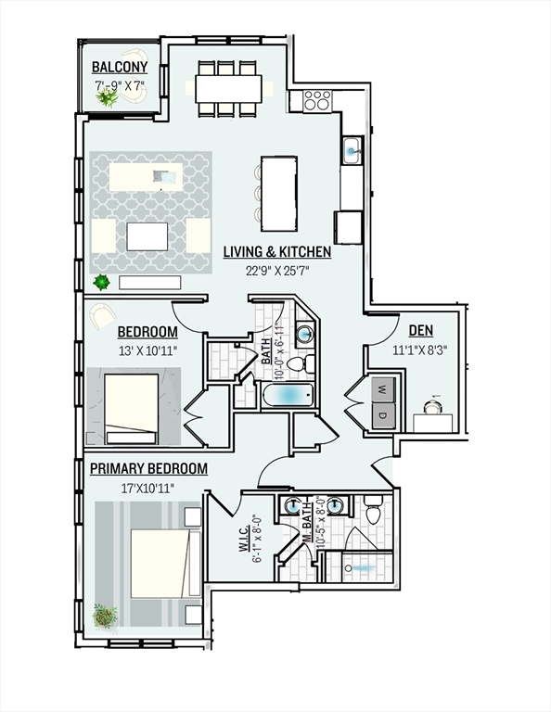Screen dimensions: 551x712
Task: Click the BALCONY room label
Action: click(x=120, y=67)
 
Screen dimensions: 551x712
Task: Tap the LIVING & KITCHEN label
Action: click(x=277, y=252)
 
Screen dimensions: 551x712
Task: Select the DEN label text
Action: click(x=420, y=331)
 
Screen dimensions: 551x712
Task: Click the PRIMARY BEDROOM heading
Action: click(x=148, y=468)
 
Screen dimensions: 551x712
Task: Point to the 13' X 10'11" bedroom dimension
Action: click(x=147, y=350)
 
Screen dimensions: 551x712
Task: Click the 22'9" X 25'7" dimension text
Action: click(x=277, y=271)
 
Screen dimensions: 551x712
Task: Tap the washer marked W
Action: click(x=383, y=389)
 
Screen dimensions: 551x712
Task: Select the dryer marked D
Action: click(x=383, y=415)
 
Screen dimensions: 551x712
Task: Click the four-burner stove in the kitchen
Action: click(x=317, y=100)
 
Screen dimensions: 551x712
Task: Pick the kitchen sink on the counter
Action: click(x=352, y=150)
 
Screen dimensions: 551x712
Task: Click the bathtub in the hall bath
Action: click(x=288, y=395)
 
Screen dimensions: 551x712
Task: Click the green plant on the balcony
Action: click(x=108, y=96)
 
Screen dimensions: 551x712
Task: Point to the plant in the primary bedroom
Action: click(x=105, y=616)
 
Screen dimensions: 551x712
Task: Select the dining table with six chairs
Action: click(x=228, y=89)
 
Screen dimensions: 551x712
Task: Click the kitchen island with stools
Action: click(x=277, y=194)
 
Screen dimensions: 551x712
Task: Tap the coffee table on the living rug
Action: click(x=147, y=236)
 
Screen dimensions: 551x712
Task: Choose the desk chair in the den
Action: click(x=431, y=407)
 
